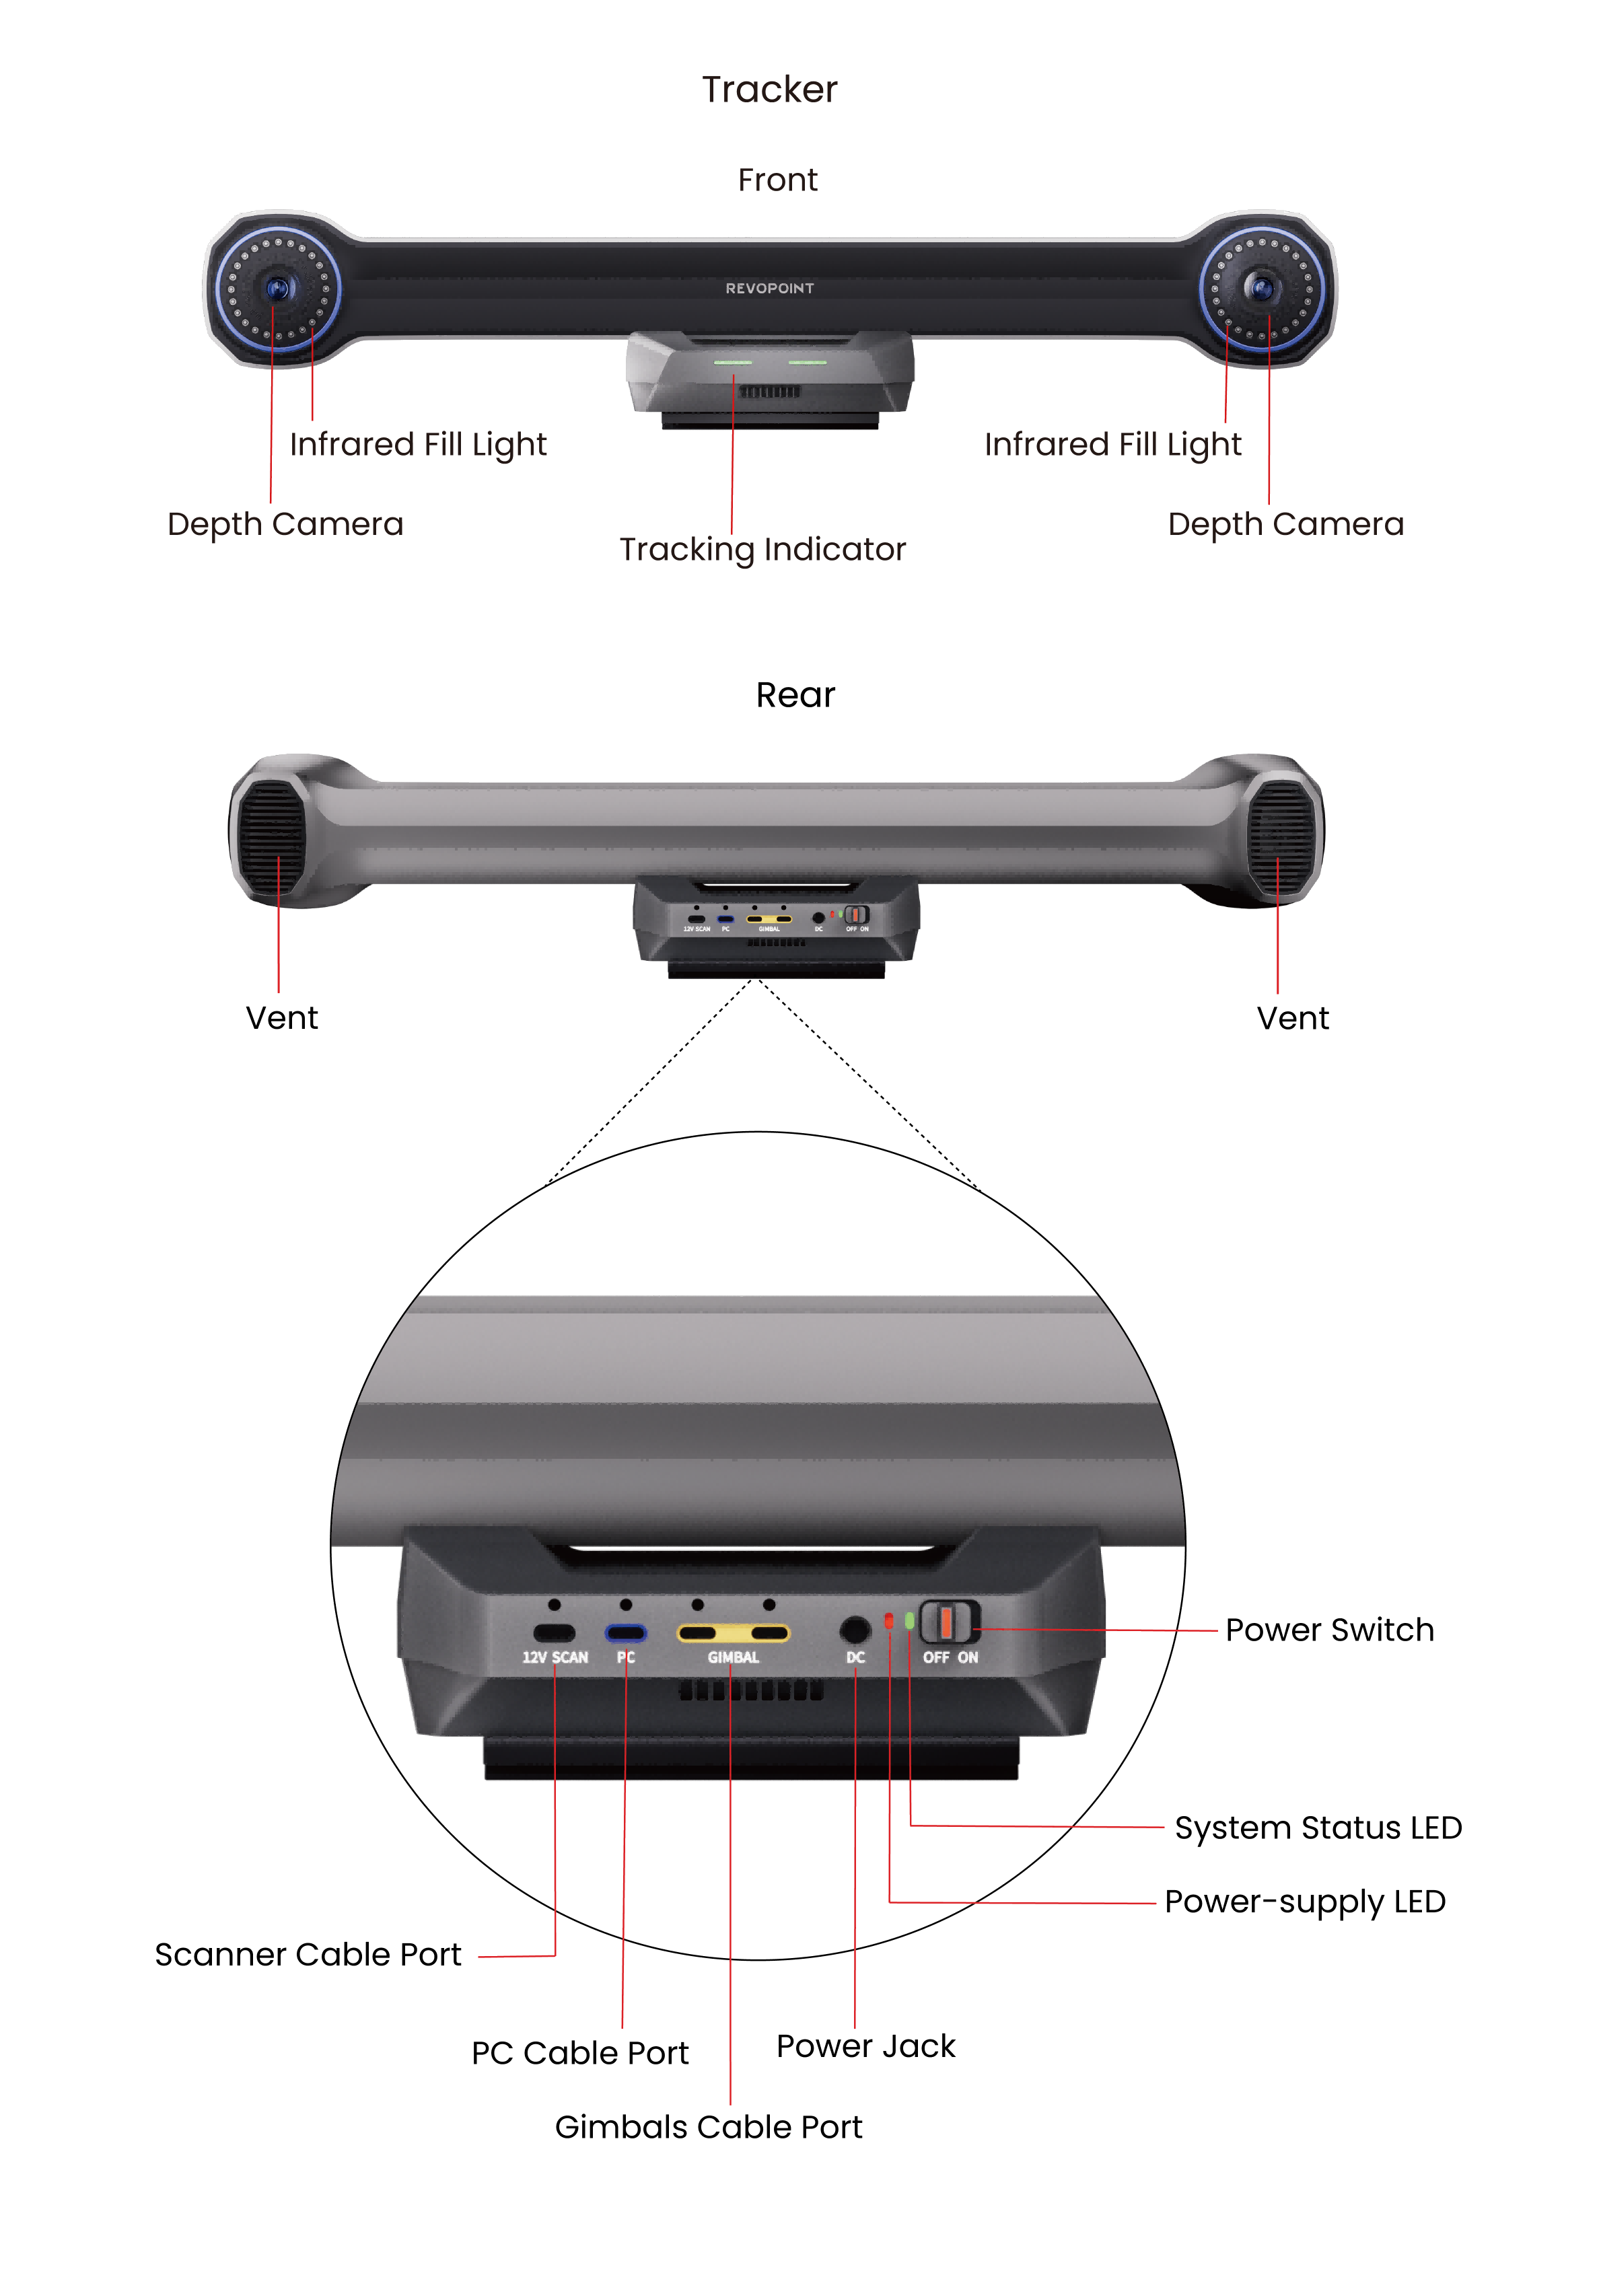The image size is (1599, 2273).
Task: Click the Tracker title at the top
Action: (x=769, y=89)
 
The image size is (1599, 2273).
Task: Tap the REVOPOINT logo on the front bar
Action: (x=769, y=288)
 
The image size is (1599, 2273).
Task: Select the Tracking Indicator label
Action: (x=762, y=550)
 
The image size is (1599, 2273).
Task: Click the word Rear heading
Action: (x=795, y=695)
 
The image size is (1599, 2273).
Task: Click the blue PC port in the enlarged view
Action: (x=626, y=1632)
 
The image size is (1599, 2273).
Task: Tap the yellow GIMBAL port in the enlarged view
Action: (x=733, y=1632)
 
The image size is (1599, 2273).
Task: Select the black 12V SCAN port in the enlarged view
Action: (x=555, y=1632)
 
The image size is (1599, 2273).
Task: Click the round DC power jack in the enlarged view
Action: (x=855, y=1628)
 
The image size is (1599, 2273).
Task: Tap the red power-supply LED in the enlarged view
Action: (x=889, y=1620)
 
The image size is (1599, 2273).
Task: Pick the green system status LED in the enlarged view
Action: (x=909, y=1620)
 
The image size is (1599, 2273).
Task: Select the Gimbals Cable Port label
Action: (x=708, y=2126)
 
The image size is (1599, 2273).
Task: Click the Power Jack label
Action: (x=865, y=2046)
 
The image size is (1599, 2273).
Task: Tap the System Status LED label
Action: (x=1318, y=1828)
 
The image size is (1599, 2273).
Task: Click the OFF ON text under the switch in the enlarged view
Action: (x=950, y=1657)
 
